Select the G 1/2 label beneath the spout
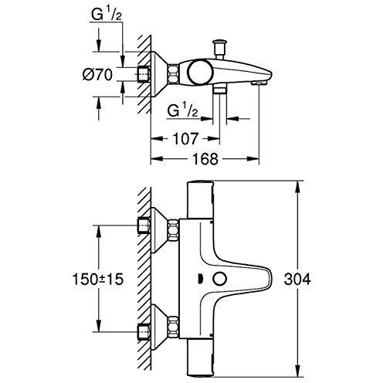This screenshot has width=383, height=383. (182, 110)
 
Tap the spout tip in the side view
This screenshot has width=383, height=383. (265, 80)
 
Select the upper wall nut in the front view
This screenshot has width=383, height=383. (144, 225)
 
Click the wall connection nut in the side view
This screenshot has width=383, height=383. (144, 76)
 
